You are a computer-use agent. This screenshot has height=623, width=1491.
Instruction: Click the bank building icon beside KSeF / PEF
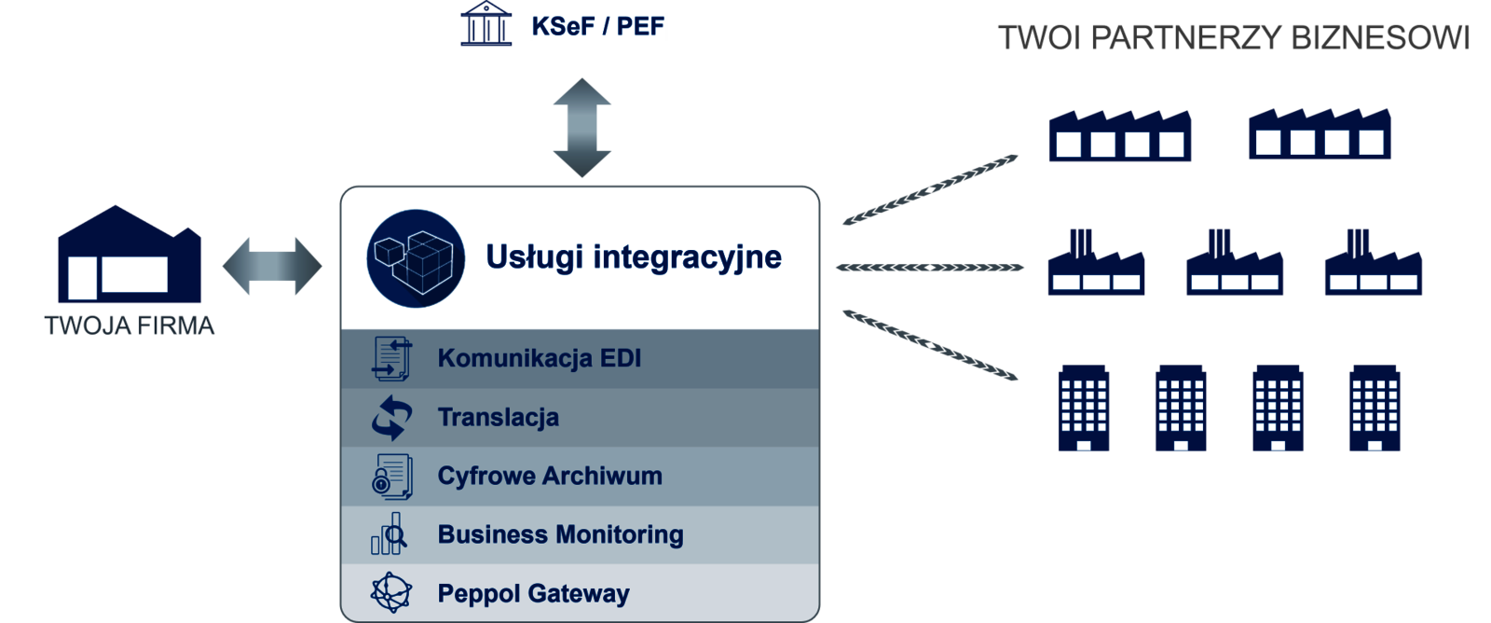pyautogui.click(x=486, y=24)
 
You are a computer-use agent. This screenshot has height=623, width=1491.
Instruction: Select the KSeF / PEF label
pyautogui.click(x=597, y=27)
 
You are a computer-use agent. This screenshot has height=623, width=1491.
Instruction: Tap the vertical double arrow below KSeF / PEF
pyautogui.click(x=581, y=127)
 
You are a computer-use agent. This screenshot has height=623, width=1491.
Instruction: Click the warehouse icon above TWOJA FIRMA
pyautogui.click(x=130, y=254)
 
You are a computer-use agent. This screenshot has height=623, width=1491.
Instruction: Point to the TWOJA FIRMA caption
pyautogui.click(x=130, y=325)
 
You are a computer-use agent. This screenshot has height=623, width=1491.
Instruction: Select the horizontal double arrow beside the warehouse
pyautogui.click(x=272, y=266)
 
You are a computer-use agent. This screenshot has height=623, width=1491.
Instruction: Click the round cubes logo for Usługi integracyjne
pyautogui.click(x=416, y=258)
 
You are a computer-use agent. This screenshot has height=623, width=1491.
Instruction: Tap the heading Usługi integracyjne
pyautogui.click(x=634, y=257)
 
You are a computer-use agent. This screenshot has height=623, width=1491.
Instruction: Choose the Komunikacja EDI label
pyautogui.click(x=540, y=358)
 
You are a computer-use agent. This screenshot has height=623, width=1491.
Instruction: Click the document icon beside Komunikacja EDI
pyautogui.click(x=391, y=358)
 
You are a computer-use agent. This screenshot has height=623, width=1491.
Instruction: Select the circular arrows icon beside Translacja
pyautogui.click(x=391, y=418)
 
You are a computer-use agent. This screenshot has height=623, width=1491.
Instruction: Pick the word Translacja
pyautogui.click(x=498, y=418)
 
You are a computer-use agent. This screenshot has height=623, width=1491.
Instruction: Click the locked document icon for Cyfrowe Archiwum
pyautogui.click(x=392, y=477)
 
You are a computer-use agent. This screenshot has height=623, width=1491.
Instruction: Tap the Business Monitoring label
pyautogui.click(x=560, y=535)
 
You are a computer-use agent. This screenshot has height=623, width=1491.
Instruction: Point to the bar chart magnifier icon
pyautogui.click(x=389, y=533)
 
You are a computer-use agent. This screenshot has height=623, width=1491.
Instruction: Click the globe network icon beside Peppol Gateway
pyautogui.click(x=391, y=592)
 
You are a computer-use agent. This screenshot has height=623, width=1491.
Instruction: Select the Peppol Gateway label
pyautogui.click(x=533, y=594)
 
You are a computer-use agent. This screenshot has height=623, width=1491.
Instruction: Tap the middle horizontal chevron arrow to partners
pyautogui.click(x=930, y=268)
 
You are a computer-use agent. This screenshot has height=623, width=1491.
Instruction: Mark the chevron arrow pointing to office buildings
pyautogui.click(x=930, y=345)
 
